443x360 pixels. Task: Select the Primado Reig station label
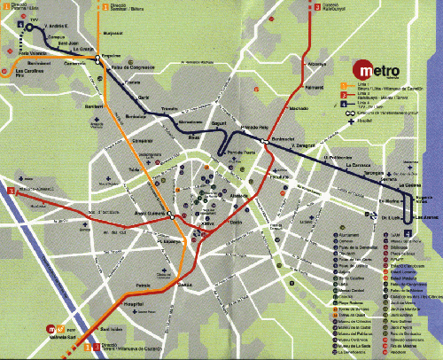click(253, 129)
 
